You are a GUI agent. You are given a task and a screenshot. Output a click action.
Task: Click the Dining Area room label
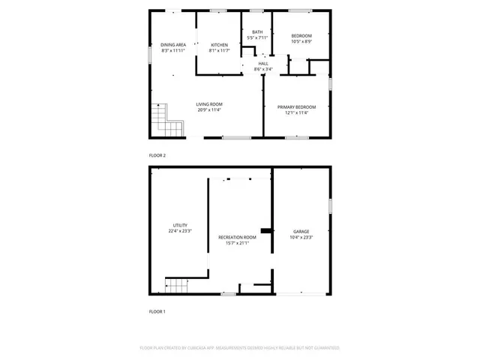(x=172, y=45)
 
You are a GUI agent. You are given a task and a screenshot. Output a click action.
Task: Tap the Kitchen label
(x=219, y=45)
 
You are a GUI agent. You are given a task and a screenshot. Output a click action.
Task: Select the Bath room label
(x=257, y=31)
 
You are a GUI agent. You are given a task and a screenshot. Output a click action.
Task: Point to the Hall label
(x=263, y=64)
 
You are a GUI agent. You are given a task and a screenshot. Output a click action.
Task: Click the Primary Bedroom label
(x=296, y=107)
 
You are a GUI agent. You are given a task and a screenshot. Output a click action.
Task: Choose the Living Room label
(x=209, y=104)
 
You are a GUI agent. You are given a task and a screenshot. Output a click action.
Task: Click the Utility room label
(x=180, y=226)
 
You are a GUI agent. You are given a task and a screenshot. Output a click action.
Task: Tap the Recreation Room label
(x=237, y=237)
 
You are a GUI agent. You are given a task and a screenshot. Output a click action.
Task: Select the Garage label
(x=301, y=232)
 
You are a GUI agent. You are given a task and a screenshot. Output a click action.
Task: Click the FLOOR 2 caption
(x=157, y=155)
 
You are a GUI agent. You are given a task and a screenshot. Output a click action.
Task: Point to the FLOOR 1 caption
(x=157, y=311)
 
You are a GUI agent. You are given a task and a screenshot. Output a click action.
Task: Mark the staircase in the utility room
(x=175, y=285)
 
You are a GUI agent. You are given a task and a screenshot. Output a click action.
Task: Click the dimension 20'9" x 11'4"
(x=209, y=110)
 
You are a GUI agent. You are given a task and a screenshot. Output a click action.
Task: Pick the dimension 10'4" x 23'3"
(x=301, y=237)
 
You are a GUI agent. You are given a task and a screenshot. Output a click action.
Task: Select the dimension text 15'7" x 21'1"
(x=237, y=243)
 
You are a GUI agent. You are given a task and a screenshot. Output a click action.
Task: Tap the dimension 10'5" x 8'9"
(x=301, y=42)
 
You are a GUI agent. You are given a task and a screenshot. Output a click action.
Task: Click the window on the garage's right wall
(x=330, y=205)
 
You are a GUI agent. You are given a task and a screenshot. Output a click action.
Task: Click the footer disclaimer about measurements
(x=240, y=348)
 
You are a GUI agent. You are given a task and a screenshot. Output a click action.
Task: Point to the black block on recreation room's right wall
(x=265, y=230)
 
